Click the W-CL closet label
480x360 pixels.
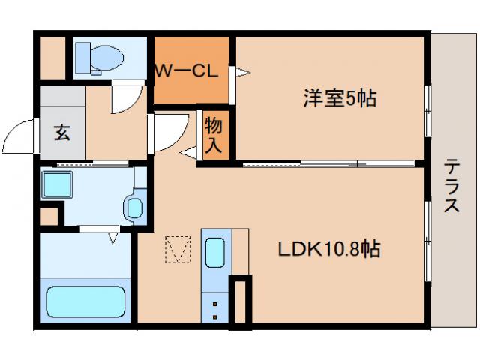(186, 72)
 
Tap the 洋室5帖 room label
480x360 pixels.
(339, 97)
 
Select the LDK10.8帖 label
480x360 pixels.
(330, 249)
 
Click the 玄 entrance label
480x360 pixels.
(61, 134)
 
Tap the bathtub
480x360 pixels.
(85, 301)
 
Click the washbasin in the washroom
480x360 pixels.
(135, 207)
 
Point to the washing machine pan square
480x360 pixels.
(56, 184)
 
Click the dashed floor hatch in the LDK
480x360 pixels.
(178, 250)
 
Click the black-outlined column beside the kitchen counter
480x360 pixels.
(241, 301)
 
